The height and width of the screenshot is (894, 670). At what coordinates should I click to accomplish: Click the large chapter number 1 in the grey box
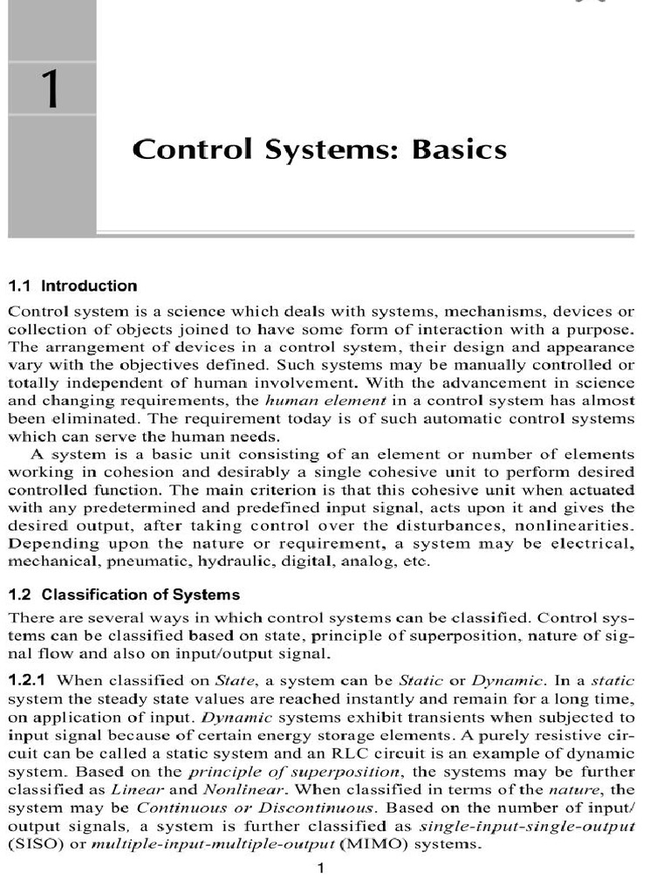51,91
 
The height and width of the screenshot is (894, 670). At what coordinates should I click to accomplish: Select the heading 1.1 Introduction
72,285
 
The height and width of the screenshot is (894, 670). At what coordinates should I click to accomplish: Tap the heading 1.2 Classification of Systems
124,595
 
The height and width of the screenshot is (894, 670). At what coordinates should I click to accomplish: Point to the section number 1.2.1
29,679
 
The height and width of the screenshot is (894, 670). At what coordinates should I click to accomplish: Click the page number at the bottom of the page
321,868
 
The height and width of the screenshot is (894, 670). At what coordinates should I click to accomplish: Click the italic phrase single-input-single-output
527,826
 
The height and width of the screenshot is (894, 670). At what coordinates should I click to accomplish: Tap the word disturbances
441,526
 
